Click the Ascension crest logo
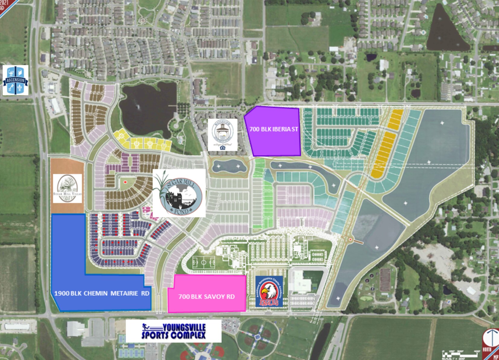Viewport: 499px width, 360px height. [x=15, y=80]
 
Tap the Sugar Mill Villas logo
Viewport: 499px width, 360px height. [x=67, y=188]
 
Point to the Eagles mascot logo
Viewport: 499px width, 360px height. [x=269, y=291]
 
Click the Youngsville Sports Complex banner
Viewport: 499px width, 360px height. [x=174, y=331]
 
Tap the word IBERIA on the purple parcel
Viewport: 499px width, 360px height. [x=280, y=129]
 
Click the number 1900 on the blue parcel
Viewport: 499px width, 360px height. [x=62, y=293]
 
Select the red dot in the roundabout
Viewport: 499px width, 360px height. [x=350, y=240]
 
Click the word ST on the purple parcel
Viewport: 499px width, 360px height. [x=295, y=129]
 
